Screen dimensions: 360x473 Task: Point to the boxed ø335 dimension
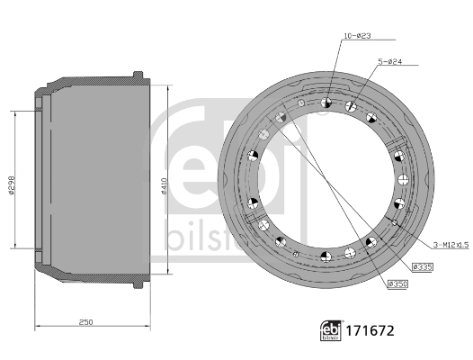(424, 265)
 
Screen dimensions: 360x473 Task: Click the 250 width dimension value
(85, 321)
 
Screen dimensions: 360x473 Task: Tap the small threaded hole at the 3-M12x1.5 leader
(395, 221)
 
